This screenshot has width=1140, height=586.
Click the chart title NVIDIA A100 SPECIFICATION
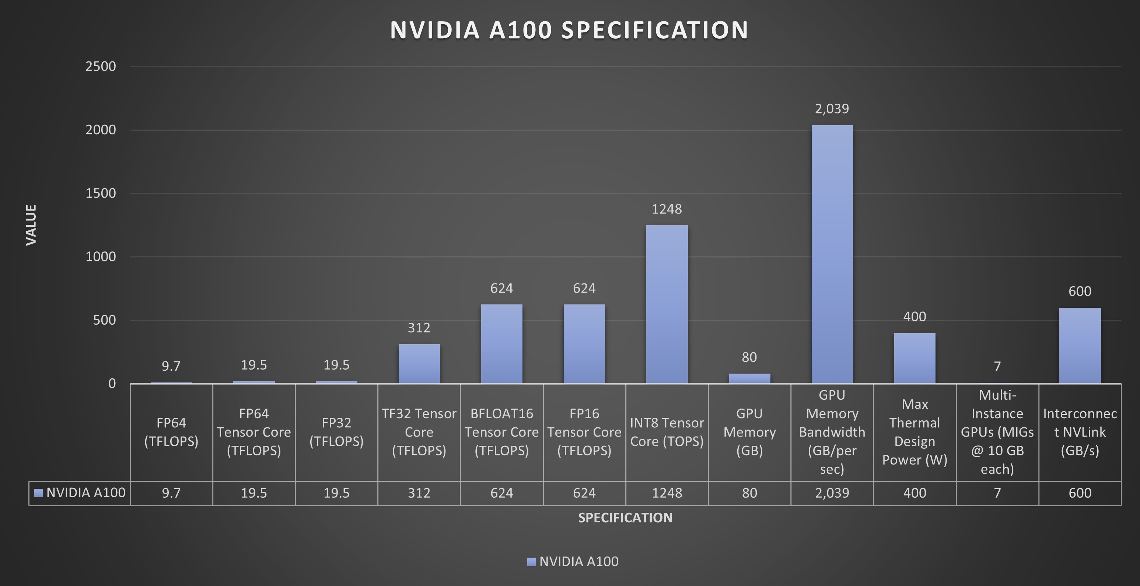tap(569, 30)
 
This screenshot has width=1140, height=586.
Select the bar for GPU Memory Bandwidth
tap(832, 254)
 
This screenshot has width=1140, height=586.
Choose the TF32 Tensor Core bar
tap(419, 364)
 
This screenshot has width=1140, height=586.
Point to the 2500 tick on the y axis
tap(101, 66)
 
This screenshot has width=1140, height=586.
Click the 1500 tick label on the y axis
tap(101, 193)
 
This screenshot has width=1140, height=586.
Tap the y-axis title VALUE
tap(31, 225)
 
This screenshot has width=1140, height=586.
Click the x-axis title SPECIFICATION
tap(625, 518)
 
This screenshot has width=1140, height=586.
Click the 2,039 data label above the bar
tap(832, 109)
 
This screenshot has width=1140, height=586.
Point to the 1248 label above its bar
tap(667, 209)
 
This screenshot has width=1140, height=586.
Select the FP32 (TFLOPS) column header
tap(336, 432)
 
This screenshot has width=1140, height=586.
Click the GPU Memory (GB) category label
tap(749, 432)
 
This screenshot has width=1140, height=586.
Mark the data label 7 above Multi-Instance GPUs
tap(997, 367)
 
